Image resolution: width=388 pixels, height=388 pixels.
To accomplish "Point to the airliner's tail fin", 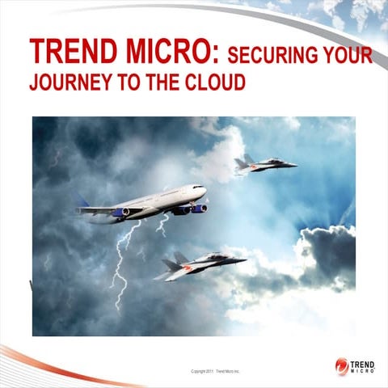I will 82,201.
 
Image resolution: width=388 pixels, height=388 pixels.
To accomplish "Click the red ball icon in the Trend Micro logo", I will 342,365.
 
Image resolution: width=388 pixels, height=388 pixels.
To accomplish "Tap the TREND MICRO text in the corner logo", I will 365,366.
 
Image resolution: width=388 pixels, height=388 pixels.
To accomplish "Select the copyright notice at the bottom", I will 216,371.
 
